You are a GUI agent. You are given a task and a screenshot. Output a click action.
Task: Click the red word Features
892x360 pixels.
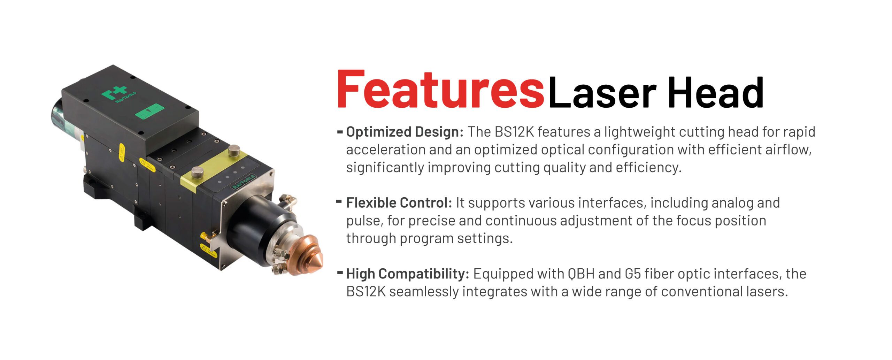(x=440, y=89)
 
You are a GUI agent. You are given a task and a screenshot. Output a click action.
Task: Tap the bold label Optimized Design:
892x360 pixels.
(x=405, y=132)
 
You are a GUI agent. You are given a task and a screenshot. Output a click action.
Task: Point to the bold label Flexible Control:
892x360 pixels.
(x=399, y=203)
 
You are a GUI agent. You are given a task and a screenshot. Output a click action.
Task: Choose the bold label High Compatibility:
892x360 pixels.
(x=408, y=274)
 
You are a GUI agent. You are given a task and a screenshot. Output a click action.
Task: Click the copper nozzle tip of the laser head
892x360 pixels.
(x=307, y=254)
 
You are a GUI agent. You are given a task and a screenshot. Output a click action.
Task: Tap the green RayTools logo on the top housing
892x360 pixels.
(x=118, y=94)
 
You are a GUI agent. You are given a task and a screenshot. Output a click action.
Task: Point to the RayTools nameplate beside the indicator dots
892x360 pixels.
(x=244, y=182)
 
